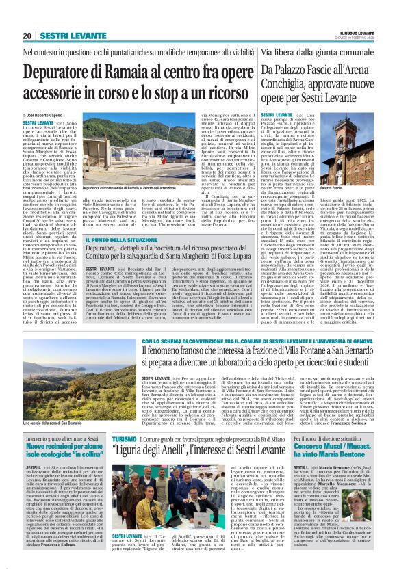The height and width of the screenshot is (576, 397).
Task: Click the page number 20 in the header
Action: (x=27, y=36)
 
